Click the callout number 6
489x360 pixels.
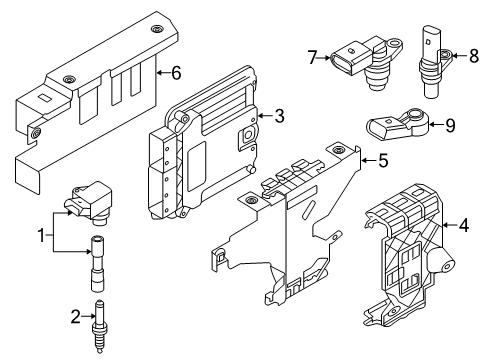(176, 73)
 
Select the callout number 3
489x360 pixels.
(279, 116)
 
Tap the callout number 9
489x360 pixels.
(450, 125)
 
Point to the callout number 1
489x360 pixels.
(41, 236)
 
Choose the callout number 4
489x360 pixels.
(464, 225)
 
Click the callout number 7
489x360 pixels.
(312, 57)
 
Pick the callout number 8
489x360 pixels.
(474, 56)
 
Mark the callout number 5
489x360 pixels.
(383, 160)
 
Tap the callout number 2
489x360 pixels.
(76, 317)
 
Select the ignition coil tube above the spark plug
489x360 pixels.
(97, 263)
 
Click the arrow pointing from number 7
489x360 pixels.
(324, 58)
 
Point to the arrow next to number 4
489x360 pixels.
(449, 226)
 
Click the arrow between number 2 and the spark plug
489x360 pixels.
(88, 316)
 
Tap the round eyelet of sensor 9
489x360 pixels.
(416, 115)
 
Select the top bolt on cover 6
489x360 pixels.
(156, 29)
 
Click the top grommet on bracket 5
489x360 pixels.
(338, 149)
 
